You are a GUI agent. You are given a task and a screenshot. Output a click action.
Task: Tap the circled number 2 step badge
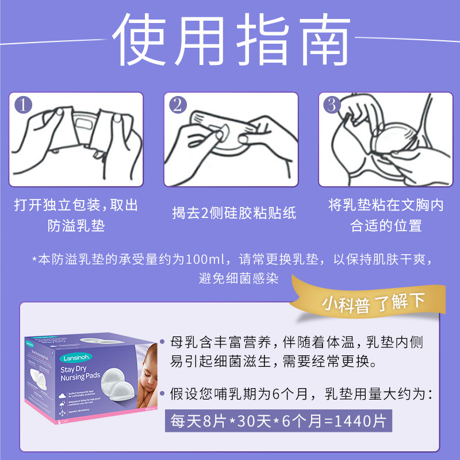178,105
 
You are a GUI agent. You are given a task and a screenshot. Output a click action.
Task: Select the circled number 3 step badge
332,105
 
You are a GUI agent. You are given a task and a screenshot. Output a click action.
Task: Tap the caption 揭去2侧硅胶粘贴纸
233,213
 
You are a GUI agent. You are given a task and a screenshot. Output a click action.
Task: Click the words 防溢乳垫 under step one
76,225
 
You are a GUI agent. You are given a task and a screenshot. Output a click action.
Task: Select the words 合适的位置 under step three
386,225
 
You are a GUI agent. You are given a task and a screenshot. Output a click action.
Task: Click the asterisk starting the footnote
34,259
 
